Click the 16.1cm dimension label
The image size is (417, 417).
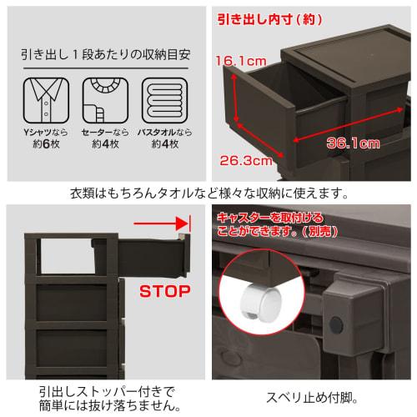click(239, 61)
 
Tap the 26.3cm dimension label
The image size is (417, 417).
click(249, 158)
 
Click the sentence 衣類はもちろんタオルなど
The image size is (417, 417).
click(208, 194)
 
